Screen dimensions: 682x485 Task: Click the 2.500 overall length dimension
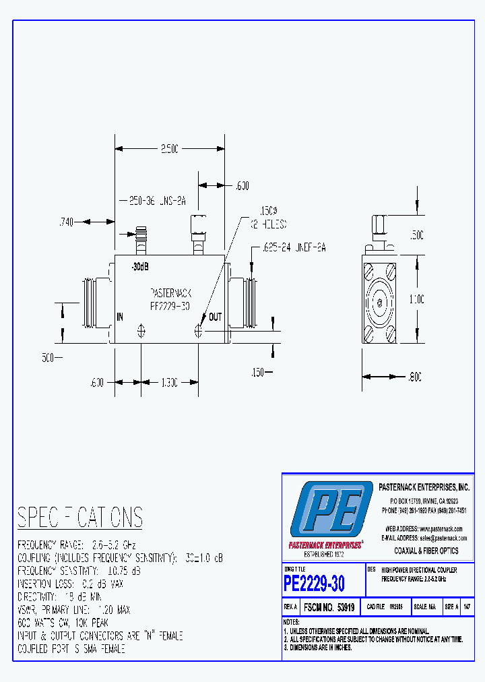tap(169, 150)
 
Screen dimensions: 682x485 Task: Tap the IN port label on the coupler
tap(120, 316)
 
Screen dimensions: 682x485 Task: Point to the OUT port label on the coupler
tap(215, 317)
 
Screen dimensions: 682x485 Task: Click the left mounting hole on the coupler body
tap(141, 330)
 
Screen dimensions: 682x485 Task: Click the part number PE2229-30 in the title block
tap(314, 582)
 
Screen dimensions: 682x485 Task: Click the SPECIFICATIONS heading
tap(79, 518)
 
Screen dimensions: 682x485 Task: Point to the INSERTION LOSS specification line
tap(70, 584)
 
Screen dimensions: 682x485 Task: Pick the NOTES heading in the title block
tap(291, 621)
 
